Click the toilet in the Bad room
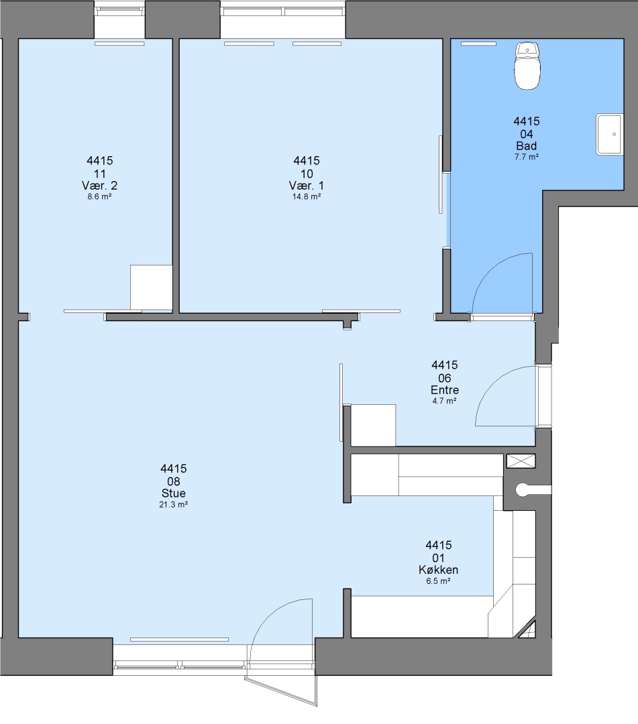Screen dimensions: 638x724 [x=527, y=66]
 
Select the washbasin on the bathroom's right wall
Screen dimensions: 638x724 [x=610, y=134]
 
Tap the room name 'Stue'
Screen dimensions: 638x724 [x=173, y=493]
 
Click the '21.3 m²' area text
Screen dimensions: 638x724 [x=173, y=505]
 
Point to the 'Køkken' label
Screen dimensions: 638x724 [x=439, y=570]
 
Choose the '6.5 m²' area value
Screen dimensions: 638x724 [x=439, y=581]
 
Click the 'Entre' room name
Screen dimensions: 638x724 [x=444, y=389]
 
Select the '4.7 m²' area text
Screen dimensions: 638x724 [x=444, y=402]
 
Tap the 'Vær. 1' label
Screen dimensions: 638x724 [x=307, y=186]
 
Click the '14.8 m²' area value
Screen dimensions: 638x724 [x=307, y=196]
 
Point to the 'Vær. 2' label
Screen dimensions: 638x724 [x=99, y=186]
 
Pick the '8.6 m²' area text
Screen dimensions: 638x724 [x=99, y=196]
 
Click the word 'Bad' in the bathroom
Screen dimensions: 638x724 [x=526, y=146]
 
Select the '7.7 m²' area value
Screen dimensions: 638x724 [x=526, y=157]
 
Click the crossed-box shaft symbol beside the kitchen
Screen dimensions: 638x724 [x=521, y=461]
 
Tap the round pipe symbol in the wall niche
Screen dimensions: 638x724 [x=523, y=490]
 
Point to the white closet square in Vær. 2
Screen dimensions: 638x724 [x=151, y=287]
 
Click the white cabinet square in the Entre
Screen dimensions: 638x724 [x=373, y=425]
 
